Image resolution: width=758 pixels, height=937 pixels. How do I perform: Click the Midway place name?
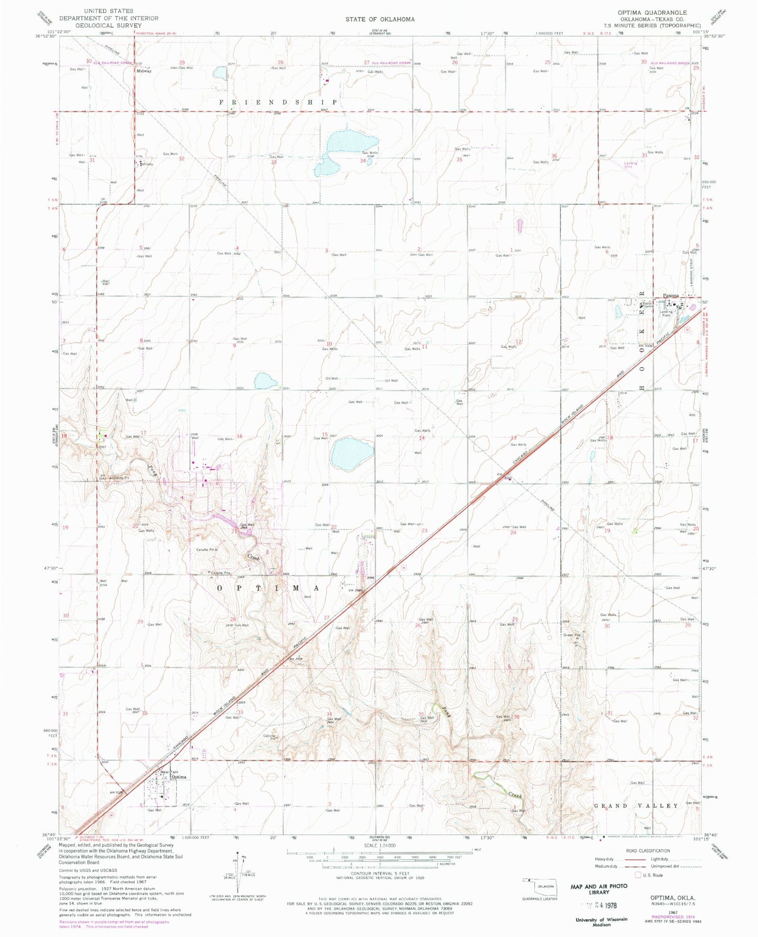pos(144,71)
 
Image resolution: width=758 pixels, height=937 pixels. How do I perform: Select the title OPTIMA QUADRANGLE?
pos(660,13)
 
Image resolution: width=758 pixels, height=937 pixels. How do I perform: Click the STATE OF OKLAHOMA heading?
pos(380,19)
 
